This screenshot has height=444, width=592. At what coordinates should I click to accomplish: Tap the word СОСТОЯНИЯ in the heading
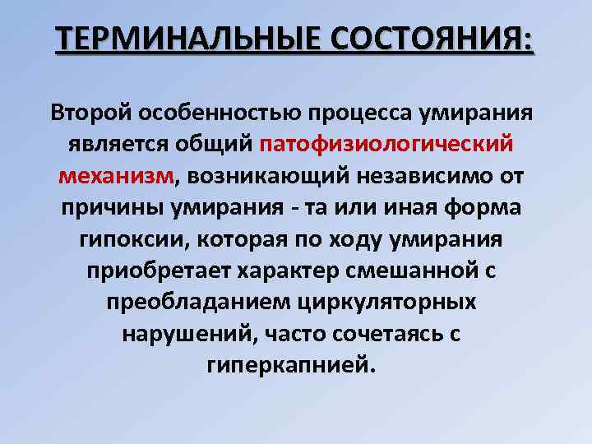pos(428,40)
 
